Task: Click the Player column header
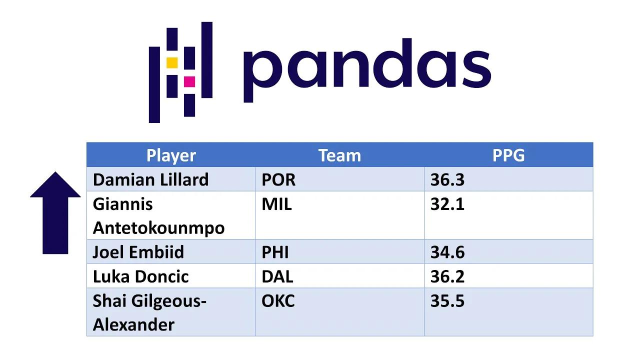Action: [x=171, y=155]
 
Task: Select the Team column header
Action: [x=339, y=155]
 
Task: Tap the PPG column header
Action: [x=508, y=155]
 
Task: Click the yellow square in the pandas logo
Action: [x=172, y=62]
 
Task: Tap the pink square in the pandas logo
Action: [x=189, y=81]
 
